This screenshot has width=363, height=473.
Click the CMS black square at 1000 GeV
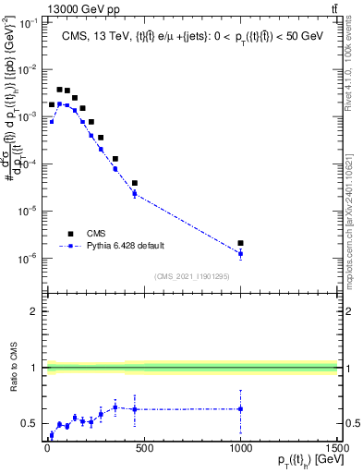[240, 243]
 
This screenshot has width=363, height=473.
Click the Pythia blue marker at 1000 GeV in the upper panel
[240, 253]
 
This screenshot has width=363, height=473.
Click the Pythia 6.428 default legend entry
[120, 247]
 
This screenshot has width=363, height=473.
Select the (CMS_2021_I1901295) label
[192, 276]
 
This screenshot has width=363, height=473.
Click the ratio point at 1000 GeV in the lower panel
[240, 408]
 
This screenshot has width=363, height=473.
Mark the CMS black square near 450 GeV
[135, 183]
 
